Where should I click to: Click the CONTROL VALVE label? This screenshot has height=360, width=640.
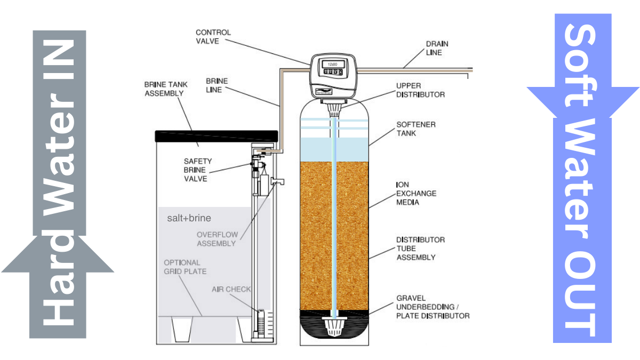213,37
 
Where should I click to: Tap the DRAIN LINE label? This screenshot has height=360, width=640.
437,48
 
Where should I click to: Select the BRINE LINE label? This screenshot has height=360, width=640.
217,85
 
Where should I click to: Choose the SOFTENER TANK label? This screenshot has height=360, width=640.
415,129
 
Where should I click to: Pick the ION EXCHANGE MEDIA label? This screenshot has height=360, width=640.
415,193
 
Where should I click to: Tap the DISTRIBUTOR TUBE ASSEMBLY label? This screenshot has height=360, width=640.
420,249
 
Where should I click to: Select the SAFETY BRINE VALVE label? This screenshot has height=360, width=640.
198,170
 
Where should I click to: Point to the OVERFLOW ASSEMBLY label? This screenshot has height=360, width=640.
216,239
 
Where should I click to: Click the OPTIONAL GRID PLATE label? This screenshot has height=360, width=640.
185,267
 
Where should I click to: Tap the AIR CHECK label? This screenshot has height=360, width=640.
231,289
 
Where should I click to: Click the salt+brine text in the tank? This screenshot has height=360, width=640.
189,219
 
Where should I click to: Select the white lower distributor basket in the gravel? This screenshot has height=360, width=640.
335,326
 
